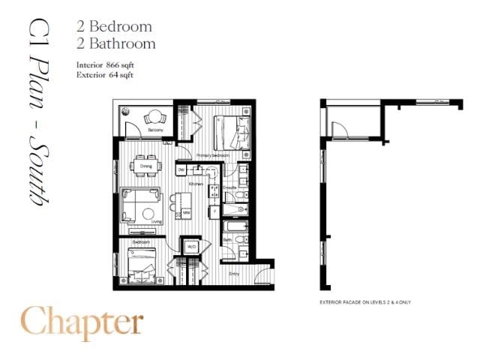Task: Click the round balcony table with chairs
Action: coord(154,118)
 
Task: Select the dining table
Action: coord(146,166)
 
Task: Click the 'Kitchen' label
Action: coord(196,184)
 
